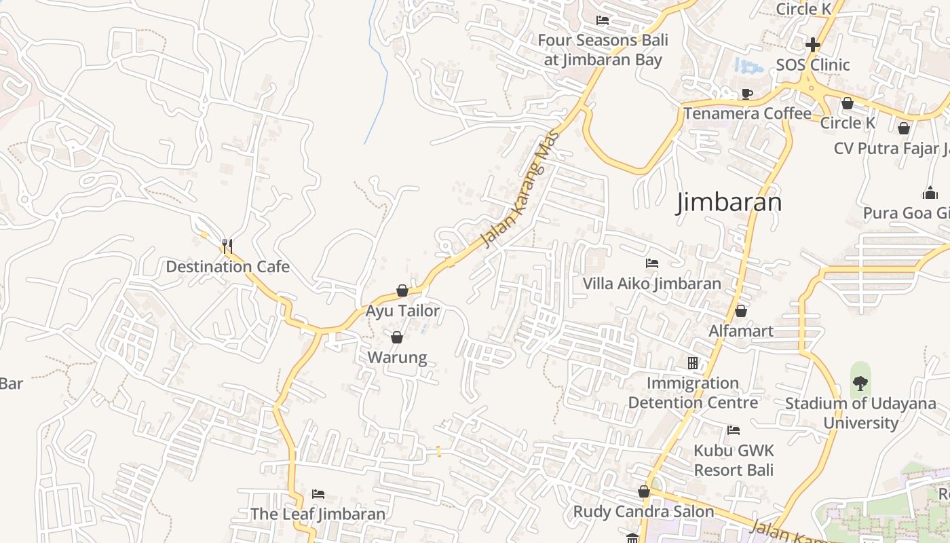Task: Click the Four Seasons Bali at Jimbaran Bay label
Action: click(x=603, y=50)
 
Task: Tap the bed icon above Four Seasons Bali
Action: click(x=602, y=20)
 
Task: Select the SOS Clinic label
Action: click(x=812, y=65)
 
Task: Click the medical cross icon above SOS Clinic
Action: click(x=812, y=45)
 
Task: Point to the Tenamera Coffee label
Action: click(x=746, y=113)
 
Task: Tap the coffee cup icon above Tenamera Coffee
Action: click(x=746, y=94)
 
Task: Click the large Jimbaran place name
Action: click(x=729, y=202)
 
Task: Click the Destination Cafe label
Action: click(x=227, y=267)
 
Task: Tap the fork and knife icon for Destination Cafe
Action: click(x=227, y=246)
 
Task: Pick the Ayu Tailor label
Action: click(x=402, y=311)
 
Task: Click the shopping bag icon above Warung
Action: click(x=397, y=337)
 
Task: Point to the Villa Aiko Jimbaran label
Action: click(x=651, y=284)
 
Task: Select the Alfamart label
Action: click(x=740, y=331)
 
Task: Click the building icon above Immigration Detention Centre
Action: click(x=692, y=363)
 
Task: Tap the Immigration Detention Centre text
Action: click(x=692, y=393)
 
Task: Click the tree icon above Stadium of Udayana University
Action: click(x=860, y=383)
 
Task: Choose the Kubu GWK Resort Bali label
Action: click(x=733, y=460)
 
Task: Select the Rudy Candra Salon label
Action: click(x=643, y=512)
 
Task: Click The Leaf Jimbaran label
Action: click(x=318, y=514)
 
